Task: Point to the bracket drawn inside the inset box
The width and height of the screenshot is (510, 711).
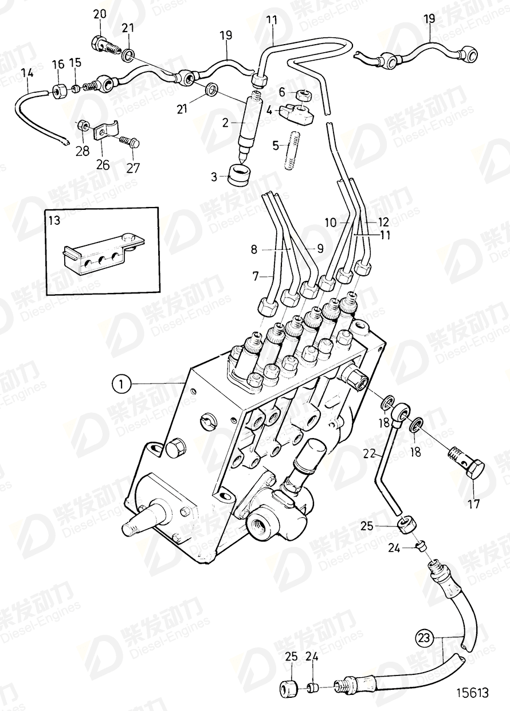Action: tap(97, 254)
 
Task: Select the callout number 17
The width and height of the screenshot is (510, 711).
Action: tap(473, 505)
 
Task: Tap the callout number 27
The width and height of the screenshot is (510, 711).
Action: tap(133, 169)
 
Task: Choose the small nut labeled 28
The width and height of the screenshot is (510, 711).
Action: tap(82, 124)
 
